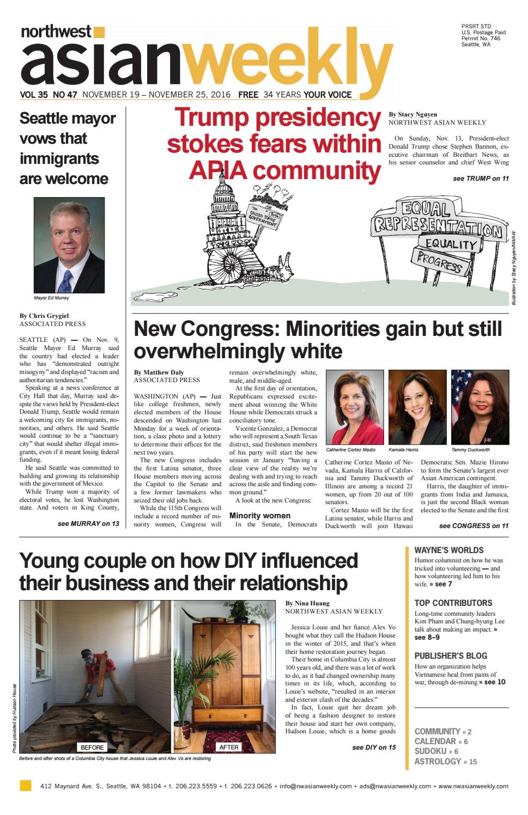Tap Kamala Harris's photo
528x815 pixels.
click(417, 407)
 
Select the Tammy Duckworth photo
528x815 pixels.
click(480, 407)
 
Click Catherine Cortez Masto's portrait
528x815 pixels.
click(354, 407)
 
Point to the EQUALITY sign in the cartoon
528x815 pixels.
click(451, 244)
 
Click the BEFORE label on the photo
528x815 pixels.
click(92, 747)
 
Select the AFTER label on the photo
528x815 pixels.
click(229, 747)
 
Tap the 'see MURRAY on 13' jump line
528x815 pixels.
click(88, 524)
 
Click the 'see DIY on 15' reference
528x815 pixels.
click(374, 747)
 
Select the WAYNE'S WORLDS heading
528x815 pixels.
click(448, 550)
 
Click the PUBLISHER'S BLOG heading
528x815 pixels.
click(451, 655)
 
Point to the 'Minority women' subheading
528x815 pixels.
click(260, 515)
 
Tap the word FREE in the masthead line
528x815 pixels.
click(248, 94)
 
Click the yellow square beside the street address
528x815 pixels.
click(25, 786)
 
